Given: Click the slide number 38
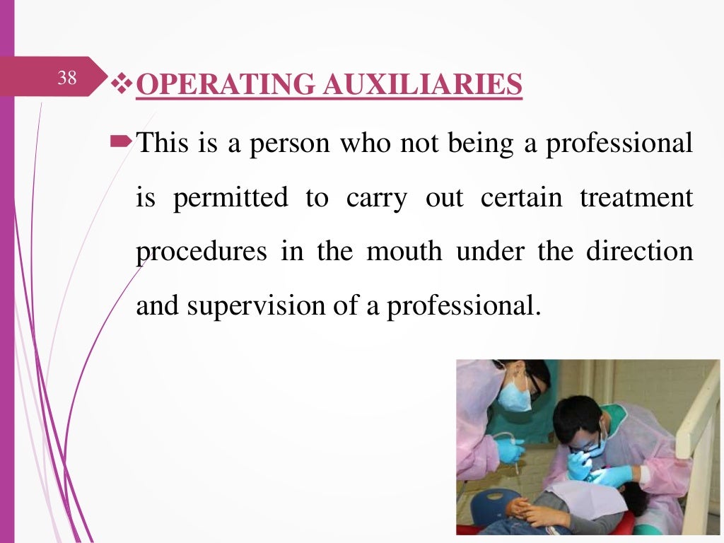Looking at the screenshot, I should pos(67,78).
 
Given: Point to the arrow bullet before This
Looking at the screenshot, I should pos(122,144).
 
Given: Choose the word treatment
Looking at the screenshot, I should pos(636,198).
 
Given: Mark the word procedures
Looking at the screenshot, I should pos(201,252).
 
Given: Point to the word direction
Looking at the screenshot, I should pos(641,252).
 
